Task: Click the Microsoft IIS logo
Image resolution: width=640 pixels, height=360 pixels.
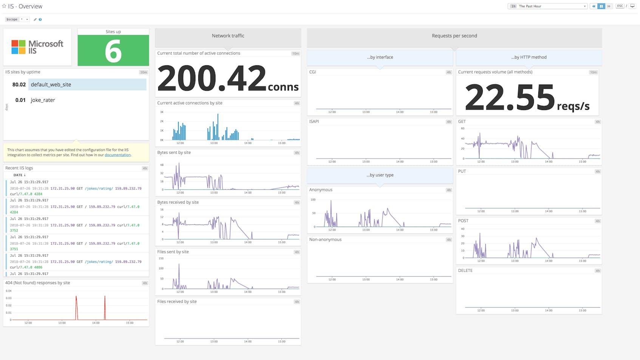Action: [37, 47]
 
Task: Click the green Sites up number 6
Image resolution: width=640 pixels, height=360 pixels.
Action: [113, 51]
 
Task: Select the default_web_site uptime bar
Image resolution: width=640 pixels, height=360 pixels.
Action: [87, 85]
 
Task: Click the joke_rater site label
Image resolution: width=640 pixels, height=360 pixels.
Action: [43, 100]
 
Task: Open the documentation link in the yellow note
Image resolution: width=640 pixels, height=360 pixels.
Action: [117, 155]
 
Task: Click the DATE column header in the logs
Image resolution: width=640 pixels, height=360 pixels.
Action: [19, 175]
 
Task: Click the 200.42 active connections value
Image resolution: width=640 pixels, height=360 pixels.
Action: [212, 78]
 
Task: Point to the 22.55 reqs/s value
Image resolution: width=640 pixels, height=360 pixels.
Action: [510, 97]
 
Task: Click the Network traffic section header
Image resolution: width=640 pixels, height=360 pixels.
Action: [228, 36]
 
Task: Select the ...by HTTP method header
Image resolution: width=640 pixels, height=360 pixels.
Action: [529, 57]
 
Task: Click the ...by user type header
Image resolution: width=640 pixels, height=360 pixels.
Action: [380, 175]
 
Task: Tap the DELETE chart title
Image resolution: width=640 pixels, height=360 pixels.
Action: [465, 270]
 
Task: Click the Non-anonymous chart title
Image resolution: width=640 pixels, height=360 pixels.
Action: [325, 239]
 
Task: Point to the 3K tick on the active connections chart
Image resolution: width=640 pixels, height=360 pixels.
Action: [162, 112]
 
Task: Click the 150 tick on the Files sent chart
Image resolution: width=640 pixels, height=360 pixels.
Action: [161, 258]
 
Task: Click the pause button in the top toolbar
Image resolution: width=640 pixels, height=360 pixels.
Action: [601, 6]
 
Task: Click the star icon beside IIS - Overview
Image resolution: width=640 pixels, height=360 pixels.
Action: [4, 6]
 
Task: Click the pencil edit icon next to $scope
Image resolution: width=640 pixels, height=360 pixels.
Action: [35, 19]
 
